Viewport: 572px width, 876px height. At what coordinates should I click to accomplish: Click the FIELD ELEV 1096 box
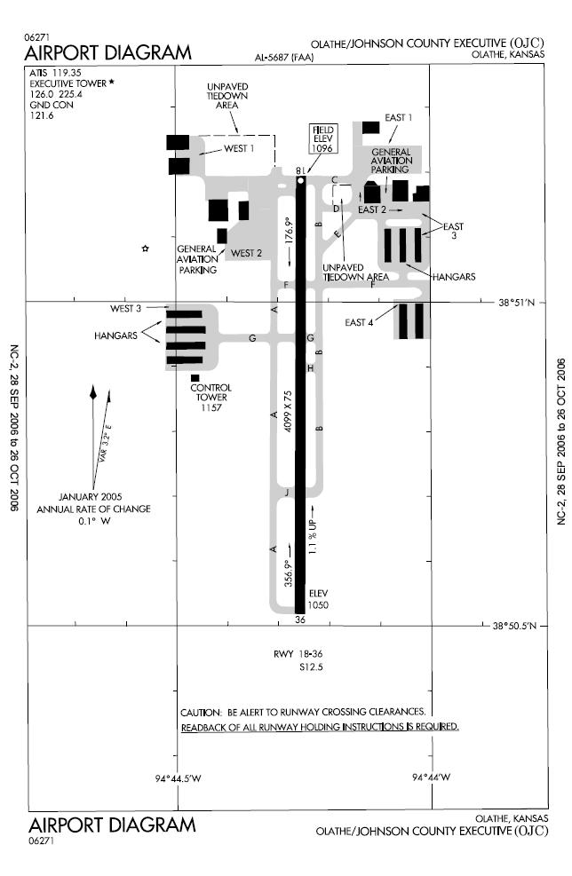click(322, 138)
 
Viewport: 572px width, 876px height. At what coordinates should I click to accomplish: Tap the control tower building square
click(195, 378)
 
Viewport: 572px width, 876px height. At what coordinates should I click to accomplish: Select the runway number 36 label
click(300, 620)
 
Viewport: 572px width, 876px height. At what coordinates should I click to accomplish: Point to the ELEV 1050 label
click(318, 599)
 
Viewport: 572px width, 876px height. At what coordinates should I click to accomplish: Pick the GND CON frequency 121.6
click(42, 115)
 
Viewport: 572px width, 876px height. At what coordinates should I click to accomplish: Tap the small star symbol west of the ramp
click(146, 248)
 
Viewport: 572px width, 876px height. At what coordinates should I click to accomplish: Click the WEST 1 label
click(239, 148)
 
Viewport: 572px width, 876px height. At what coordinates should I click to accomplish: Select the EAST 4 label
click(359, 322)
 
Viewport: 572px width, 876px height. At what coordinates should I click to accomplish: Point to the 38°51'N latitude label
click(517, 303)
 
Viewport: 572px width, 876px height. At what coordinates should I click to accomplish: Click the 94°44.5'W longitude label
click(178, 777)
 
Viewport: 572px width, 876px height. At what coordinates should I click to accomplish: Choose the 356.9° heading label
click(289, 572)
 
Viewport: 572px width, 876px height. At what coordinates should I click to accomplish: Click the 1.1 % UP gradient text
click(313, 537)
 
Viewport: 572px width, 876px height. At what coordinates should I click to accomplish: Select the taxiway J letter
click(287, 493)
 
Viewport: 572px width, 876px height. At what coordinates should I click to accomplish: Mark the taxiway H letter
click(310, 368)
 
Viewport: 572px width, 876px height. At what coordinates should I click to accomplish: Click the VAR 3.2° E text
click(105, 445)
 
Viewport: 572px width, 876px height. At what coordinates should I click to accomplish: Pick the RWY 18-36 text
click(298, 653)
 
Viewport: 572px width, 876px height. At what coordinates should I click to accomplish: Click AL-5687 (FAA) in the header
click(284, 57)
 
